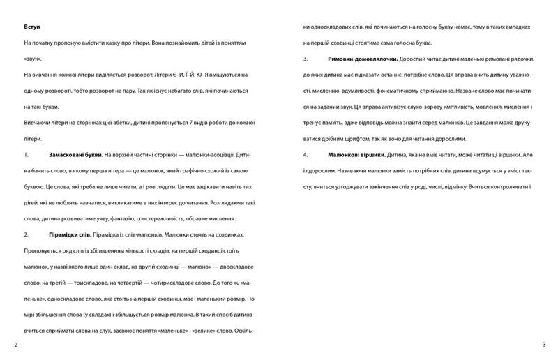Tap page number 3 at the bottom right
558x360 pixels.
(x=543, y=345)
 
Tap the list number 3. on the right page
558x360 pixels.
(x=306, y=59)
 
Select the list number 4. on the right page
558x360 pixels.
(x=306, y=153)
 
